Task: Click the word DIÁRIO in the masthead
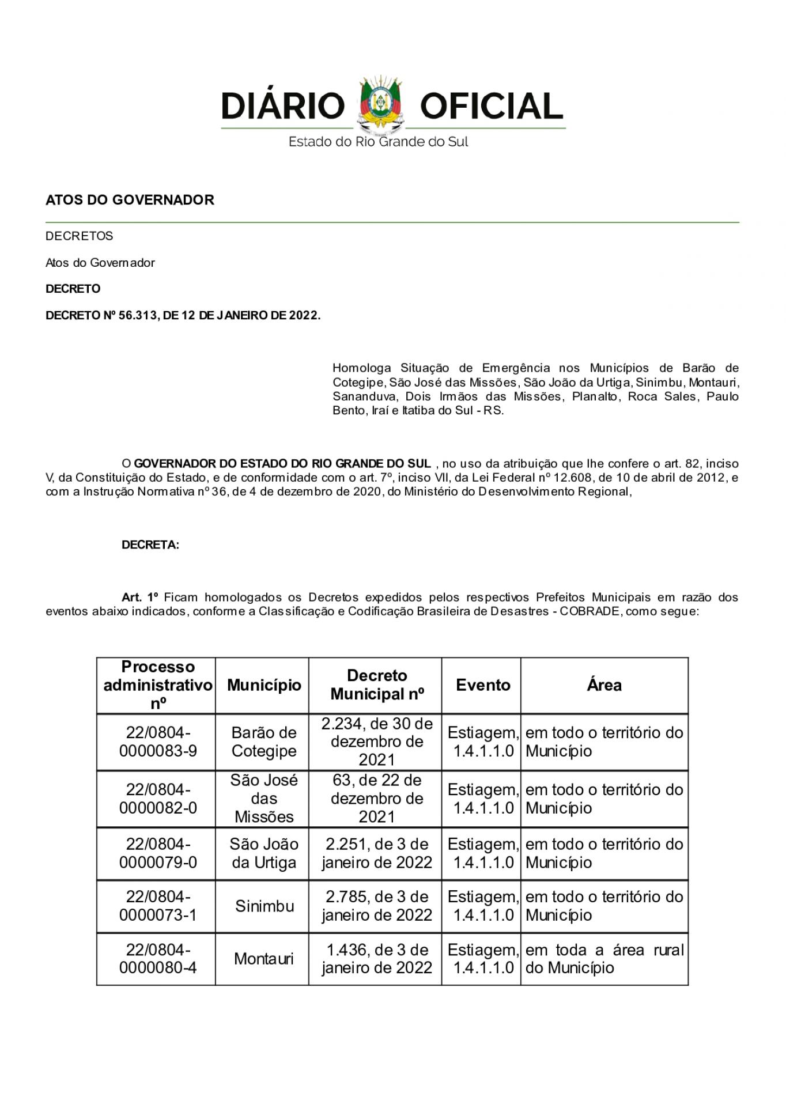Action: pos(282,107)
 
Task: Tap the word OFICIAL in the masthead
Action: pos(491,107)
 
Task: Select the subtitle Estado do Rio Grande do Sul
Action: pos(378,142)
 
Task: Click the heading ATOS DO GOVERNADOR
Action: pos(130,200)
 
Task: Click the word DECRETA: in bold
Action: pos(150,545)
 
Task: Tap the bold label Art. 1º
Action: pos(140,597)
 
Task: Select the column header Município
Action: pos(264,685)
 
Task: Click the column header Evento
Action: pos(483,685)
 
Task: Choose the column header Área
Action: pos(604,685)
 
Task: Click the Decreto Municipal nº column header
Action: pos(377,685)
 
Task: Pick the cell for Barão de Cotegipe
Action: pos(264,742)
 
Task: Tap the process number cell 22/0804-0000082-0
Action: pos(158,799)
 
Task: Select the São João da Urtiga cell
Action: pos(264,853)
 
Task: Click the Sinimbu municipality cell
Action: pos(264,906)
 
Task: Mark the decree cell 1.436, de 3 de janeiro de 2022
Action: pos(377,959)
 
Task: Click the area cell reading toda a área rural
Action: pos(604,959)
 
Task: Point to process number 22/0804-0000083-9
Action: pos(158,742)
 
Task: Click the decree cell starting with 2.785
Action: pos(377,906)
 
